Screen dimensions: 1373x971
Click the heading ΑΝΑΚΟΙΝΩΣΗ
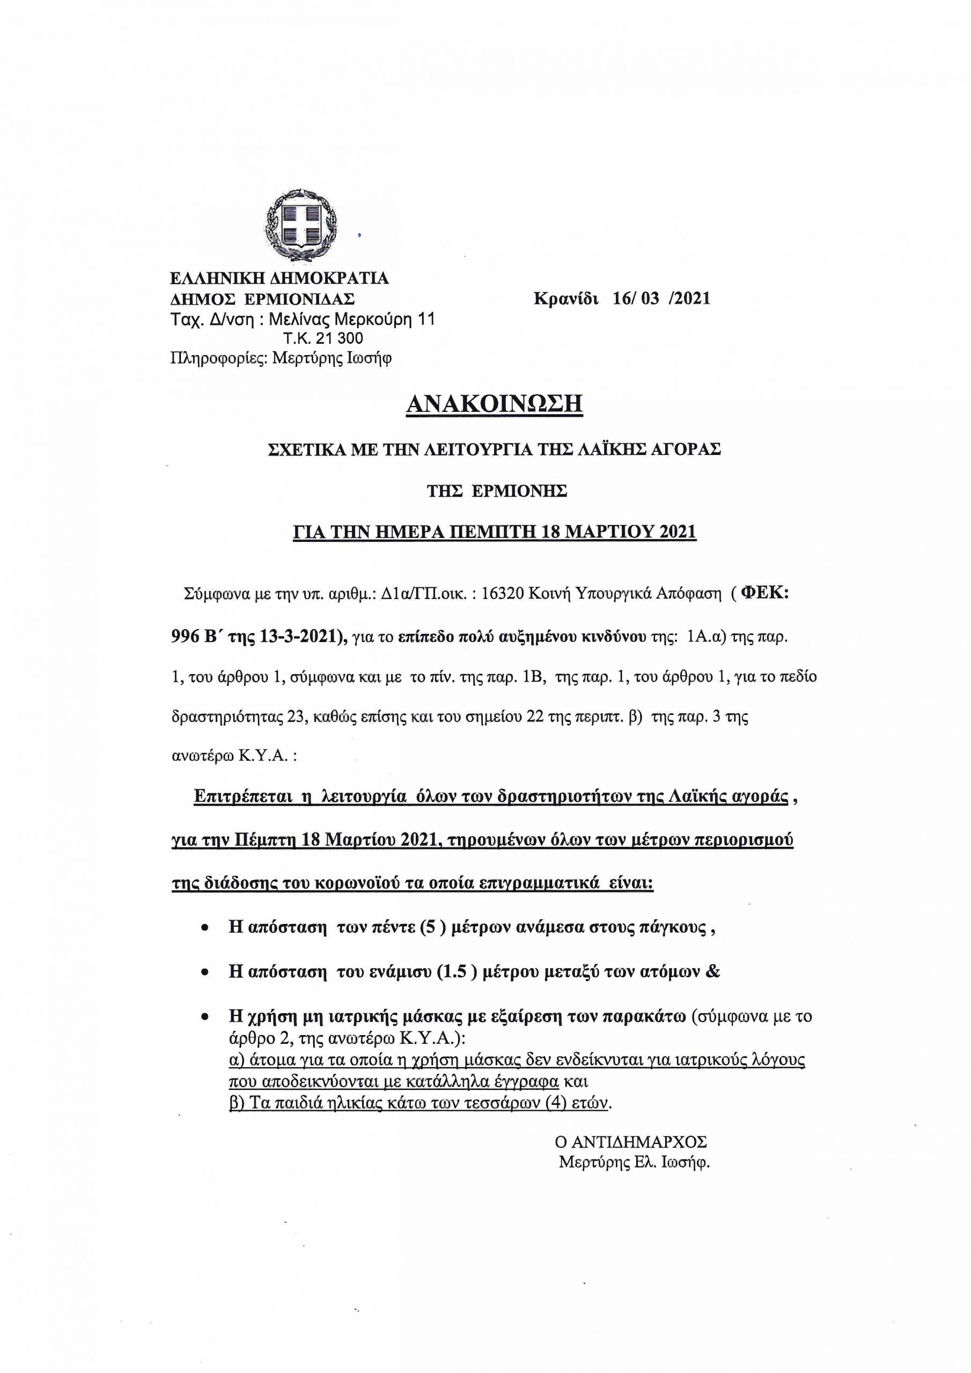(x=494, y=404)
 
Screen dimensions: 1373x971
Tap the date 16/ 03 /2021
(x=661, y=298)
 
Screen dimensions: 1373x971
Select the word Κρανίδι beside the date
(x=566, y=298)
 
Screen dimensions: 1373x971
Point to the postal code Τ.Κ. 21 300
(x=323, y=338)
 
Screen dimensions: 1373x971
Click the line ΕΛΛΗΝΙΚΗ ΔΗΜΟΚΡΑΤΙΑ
(x=279, y=278)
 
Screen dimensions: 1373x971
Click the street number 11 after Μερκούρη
(x=426, y=319)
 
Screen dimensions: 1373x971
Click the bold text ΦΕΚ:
(x=765, y=593)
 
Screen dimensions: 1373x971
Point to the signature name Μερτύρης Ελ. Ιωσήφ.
(x=634, y=1163)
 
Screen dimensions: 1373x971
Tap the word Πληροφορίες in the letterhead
(x=218, y=358)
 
